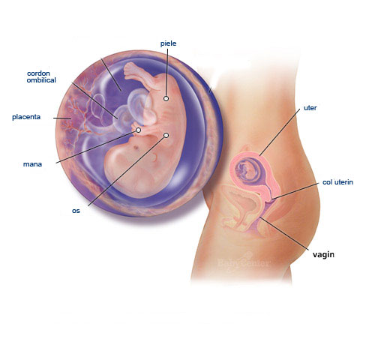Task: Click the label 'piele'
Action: pyautogui.click(x=168, y=43)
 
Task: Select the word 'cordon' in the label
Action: pyautogui.click(x=38, y=73)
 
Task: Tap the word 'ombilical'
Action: pyautogui.click(x=41, y=80)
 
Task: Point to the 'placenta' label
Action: pyautogui.click(x=26, y=117)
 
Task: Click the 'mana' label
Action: pyautogui.click(x=32, y=164)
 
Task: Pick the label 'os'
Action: pyautogui.click(x=76, y=211)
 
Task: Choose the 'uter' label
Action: pyautogui.click(x=310, y=108)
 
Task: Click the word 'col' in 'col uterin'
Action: pyautogui.click(x=327, y=182)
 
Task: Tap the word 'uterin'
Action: pyautogui.click(x=343, y=182)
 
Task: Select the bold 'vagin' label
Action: pyautogui.click(x=323, y=254)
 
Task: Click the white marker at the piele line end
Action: pyautogui.click(x=166, y=98)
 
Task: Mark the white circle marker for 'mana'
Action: pyautogui.click(x=138, y=130)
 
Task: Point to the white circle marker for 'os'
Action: pyautogui.click(x=166, y=136)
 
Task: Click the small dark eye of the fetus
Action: pyautogui.click(x=136, y=147)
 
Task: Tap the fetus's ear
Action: pyautogui.click(x=155, y=157)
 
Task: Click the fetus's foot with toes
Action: pyautogui.click(x=130, y=70)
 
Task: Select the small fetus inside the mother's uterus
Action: pyautogui.click(x=247, y=170)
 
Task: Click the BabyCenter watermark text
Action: pyautogui.click(x=243, y=263)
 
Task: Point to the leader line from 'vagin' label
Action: pyautogui.click(x=284, y=233)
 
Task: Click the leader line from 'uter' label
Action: pyautogui.click(x=280, y=132)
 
